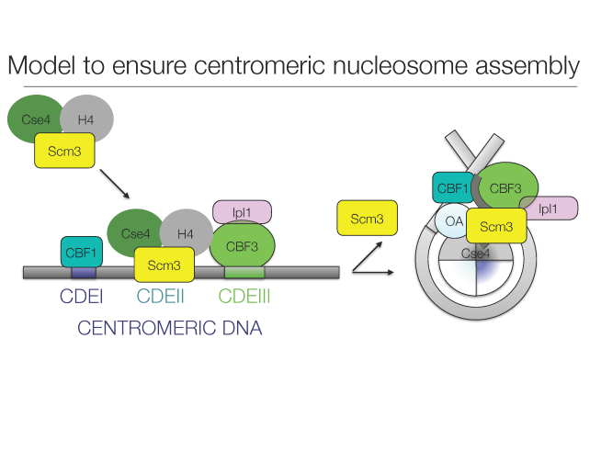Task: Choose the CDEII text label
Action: coord(164,297)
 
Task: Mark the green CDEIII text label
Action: coord(249,297)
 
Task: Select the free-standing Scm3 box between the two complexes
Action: coord(368,219)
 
